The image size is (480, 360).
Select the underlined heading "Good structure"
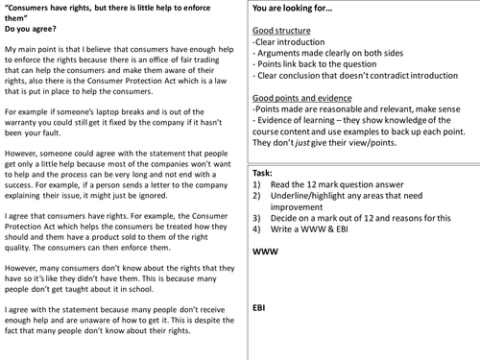pos(284,31)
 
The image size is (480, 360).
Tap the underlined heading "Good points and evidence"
pos(307,99)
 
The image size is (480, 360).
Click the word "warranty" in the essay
pos(26,122)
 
